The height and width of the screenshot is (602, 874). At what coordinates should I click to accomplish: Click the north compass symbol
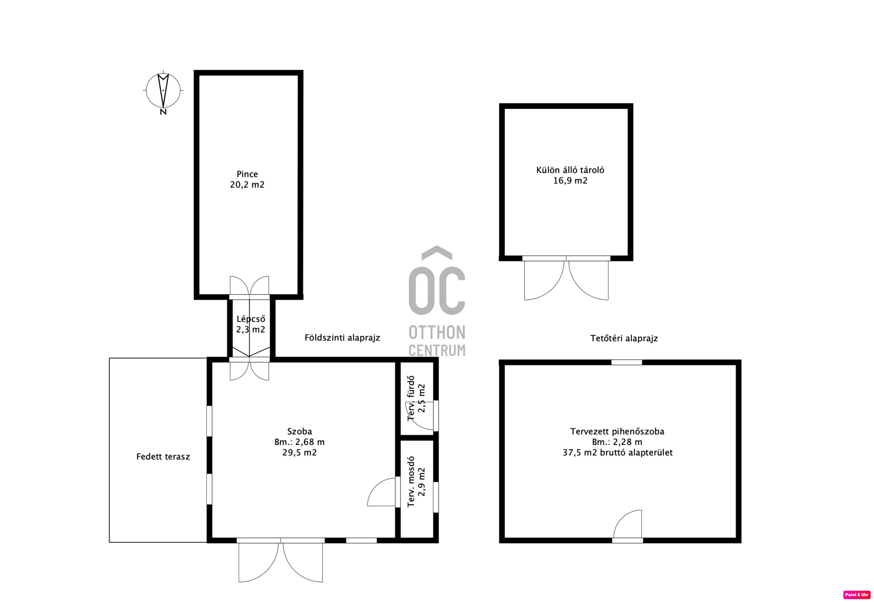[x=163, y=92]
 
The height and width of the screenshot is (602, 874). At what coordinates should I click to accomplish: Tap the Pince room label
[x=247, y=174]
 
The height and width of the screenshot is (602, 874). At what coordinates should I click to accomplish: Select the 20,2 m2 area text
[x=247, y=184]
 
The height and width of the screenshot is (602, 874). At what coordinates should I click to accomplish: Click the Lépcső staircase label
[x=251, y=319]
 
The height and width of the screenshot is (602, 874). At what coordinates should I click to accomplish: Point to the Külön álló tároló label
[x=570, y=170]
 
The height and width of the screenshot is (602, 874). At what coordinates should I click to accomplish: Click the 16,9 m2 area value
[x=570, y=181]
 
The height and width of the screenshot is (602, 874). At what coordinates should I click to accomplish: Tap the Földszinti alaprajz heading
[x=342, y=338]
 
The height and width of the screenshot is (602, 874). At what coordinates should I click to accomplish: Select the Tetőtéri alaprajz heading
[x=624, y=338]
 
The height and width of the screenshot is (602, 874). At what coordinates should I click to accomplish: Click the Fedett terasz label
[x=163, y=456]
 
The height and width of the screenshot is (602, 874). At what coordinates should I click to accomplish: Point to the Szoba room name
[x=300, y=431]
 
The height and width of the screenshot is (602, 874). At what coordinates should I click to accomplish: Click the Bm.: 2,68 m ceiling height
[x=300, y=442]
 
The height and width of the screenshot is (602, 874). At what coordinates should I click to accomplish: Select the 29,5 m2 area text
[x=300, y=452]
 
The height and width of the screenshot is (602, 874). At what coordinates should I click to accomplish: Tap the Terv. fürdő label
[x=411, y=398]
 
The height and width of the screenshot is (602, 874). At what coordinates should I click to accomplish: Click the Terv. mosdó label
[x=411, y=481]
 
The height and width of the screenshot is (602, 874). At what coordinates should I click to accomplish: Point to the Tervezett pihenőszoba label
[x=617, y=431]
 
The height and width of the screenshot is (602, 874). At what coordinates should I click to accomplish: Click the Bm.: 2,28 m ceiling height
[x=617, y=442]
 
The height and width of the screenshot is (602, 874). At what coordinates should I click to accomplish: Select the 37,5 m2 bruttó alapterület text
[x=617, y=452]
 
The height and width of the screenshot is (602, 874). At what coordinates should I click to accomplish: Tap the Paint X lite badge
[x=857, y=595]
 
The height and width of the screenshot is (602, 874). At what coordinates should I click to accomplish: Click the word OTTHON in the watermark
[x=437, y=333]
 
